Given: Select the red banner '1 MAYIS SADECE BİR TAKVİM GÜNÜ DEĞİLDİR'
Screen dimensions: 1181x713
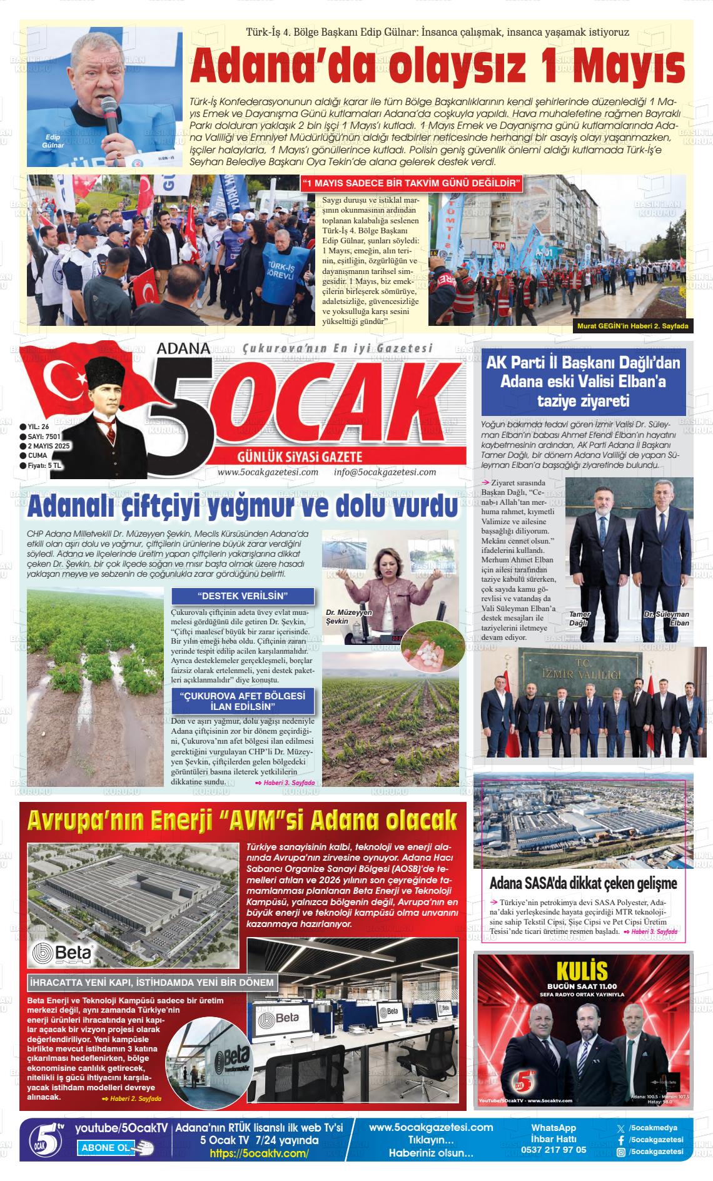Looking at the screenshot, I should click(412, 184).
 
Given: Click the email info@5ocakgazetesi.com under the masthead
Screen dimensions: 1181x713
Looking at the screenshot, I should click(385, 472).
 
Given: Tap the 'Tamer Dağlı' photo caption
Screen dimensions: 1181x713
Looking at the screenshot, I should click(579, 619).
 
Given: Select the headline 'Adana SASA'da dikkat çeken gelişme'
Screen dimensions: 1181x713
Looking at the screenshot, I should click(583, 884).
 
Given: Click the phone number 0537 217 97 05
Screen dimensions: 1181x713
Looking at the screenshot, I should click(554, 1150).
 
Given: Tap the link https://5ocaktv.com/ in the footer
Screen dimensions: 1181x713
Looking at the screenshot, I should click(259, 1153).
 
